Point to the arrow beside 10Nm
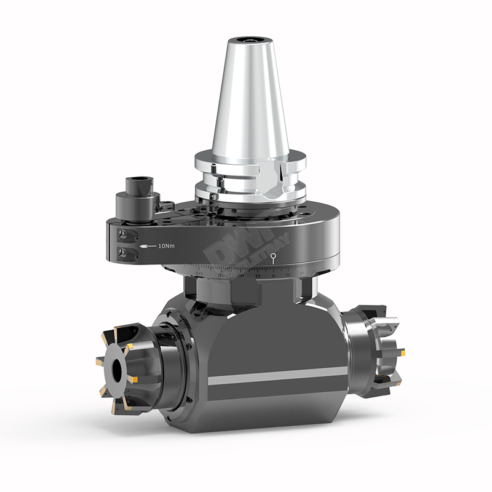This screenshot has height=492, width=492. pos(147,246)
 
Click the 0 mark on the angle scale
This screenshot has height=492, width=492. pos(274,274)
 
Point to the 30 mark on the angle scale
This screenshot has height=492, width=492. pos(221,274)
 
